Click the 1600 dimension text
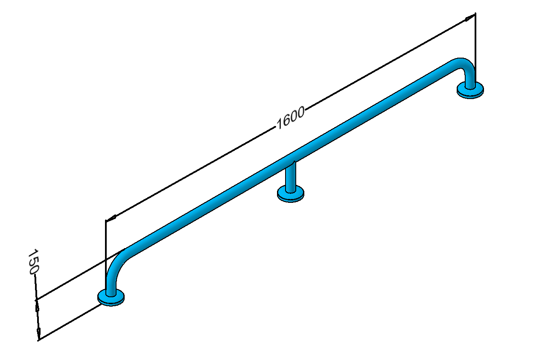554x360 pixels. coord(290,118)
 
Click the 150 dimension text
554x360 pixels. coord(33,262)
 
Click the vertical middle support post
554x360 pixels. coord(291,177)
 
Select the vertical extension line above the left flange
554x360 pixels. coord(106,255)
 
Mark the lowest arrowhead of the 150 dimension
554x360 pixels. coord(38,333)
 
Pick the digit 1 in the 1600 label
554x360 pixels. coord(280,124)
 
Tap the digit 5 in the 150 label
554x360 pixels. coord(33,262)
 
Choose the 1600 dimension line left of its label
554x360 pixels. coord(190,174)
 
